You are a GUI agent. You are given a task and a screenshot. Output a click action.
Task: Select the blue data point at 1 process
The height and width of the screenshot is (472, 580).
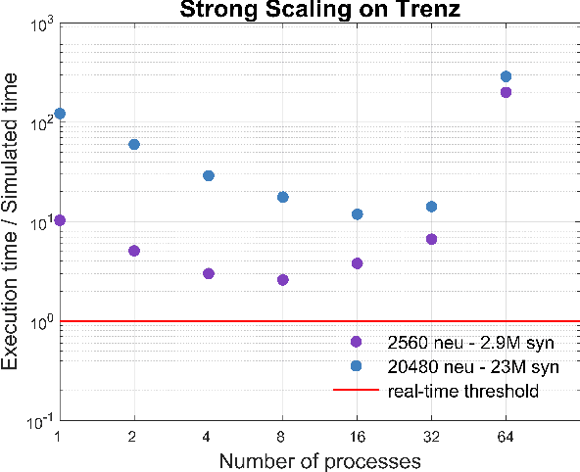coord(60,114)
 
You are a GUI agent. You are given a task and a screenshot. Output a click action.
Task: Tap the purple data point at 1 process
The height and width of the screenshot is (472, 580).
coord(60,220)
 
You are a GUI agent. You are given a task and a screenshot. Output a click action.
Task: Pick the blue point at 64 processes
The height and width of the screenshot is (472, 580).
coord(506,76)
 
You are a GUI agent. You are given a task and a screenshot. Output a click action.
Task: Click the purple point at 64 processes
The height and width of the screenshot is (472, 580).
coord(506,92)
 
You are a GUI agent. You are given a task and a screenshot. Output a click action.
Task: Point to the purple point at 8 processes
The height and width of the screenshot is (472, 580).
coord(283,280)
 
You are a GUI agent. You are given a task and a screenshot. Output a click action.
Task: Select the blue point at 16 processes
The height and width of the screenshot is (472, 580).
coord(358,214)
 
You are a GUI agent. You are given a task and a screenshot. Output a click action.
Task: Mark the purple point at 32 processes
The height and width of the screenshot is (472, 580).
coord(431,239)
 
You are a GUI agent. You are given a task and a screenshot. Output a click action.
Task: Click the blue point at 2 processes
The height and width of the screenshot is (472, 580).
coord(134,144)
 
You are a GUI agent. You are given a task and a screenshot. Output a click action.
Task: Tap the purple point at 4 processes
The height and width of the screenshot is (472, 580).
coord(209,273)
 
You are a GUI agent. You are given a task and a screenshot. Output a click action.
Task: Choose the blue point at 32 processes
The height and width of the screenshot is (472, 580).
coord(431,207)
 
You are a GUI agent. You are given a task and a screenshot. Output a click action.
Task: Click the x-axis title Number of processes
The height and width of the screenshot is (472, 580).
coord(319,459)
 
